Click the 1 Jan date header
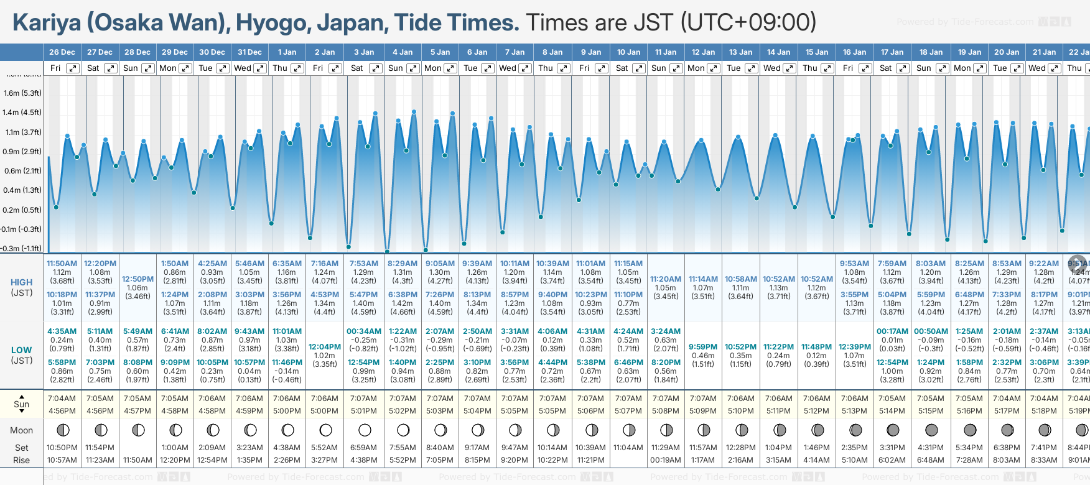[x=287, y=52]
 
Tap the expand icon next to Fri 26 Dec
[x=73, y=68]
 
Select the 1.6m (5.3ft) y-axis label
[x=22, y=93]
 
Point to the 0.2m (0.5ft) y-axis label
[x=22, y=210]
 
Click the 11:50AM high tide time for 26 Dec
[x=62, y=264]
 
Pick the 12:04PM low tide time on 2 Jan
[x=325, y=347]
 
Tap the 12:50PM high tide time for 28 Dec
[x=137, y=279]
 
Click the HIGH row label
[x=22, y=282]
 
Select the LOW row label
[x=22, y=350]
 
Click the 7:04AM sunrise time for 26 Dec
[x=62, y=399]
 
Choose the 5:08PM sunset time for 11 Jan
[x=666, y=411]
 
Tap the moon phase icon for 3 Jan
[x=365, y=430]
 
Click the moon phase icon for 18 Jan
[x=931, y=430]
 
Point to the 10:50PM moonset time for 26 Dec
[x=62, y=448]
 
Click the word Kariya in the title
[x=47, y=23]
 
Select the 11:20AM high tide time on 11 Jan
[x=666, y=279]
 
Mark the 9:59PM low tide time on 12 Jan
[x=703, y=347]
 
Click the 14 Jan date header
[x=779, y=52]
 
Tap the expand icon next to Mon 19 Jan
[x=979, y=68]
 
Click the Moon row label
[x=22, y=430]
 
